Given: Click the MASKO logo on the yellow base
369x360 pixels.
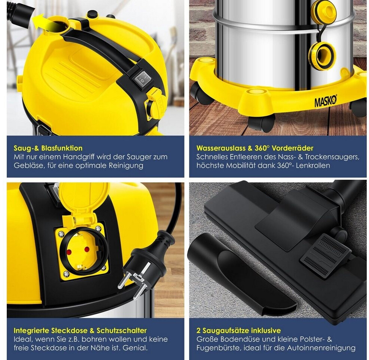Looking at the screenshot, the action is tap(326, 101).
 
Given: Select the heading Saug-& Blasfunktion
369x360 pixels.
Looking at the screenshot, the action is tap(48, 148).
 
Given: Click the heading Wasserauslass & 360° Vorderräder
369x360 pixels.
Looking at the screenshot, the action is tap(255, 148).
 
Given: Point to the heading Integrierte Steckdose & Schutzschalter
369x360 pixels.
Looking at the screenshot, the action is tap(80, 331).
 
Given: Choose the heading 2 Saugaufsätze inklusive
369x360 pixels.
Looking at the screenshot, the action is tap(238, 331).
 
